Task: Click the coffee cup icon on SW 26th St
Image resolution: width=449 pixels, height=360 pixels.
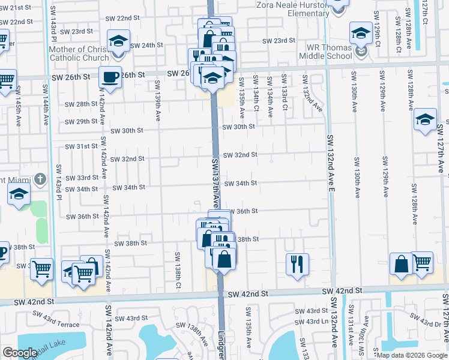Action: pos(110,77)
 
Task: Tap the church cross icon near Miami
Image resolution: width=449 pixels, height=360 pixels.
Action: pos(40,179)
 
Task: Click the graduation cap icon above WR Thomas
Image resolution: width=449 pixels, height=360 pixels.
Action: pos(361,32)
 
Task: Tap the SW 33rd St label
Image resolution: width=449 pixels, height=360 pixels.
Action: pos(83,178)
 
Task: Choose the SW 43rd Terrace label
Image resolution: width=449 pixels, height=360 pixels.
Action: pos(56,319)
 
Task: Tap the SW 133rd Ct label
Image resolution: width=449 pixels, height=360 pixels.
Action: pos(284,94)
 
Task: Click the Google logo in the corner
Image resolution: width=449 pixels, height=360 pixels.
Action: pos(20,353)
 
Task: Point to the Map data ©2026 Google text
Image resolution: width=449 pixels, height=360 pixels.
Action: pos(411,355)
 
